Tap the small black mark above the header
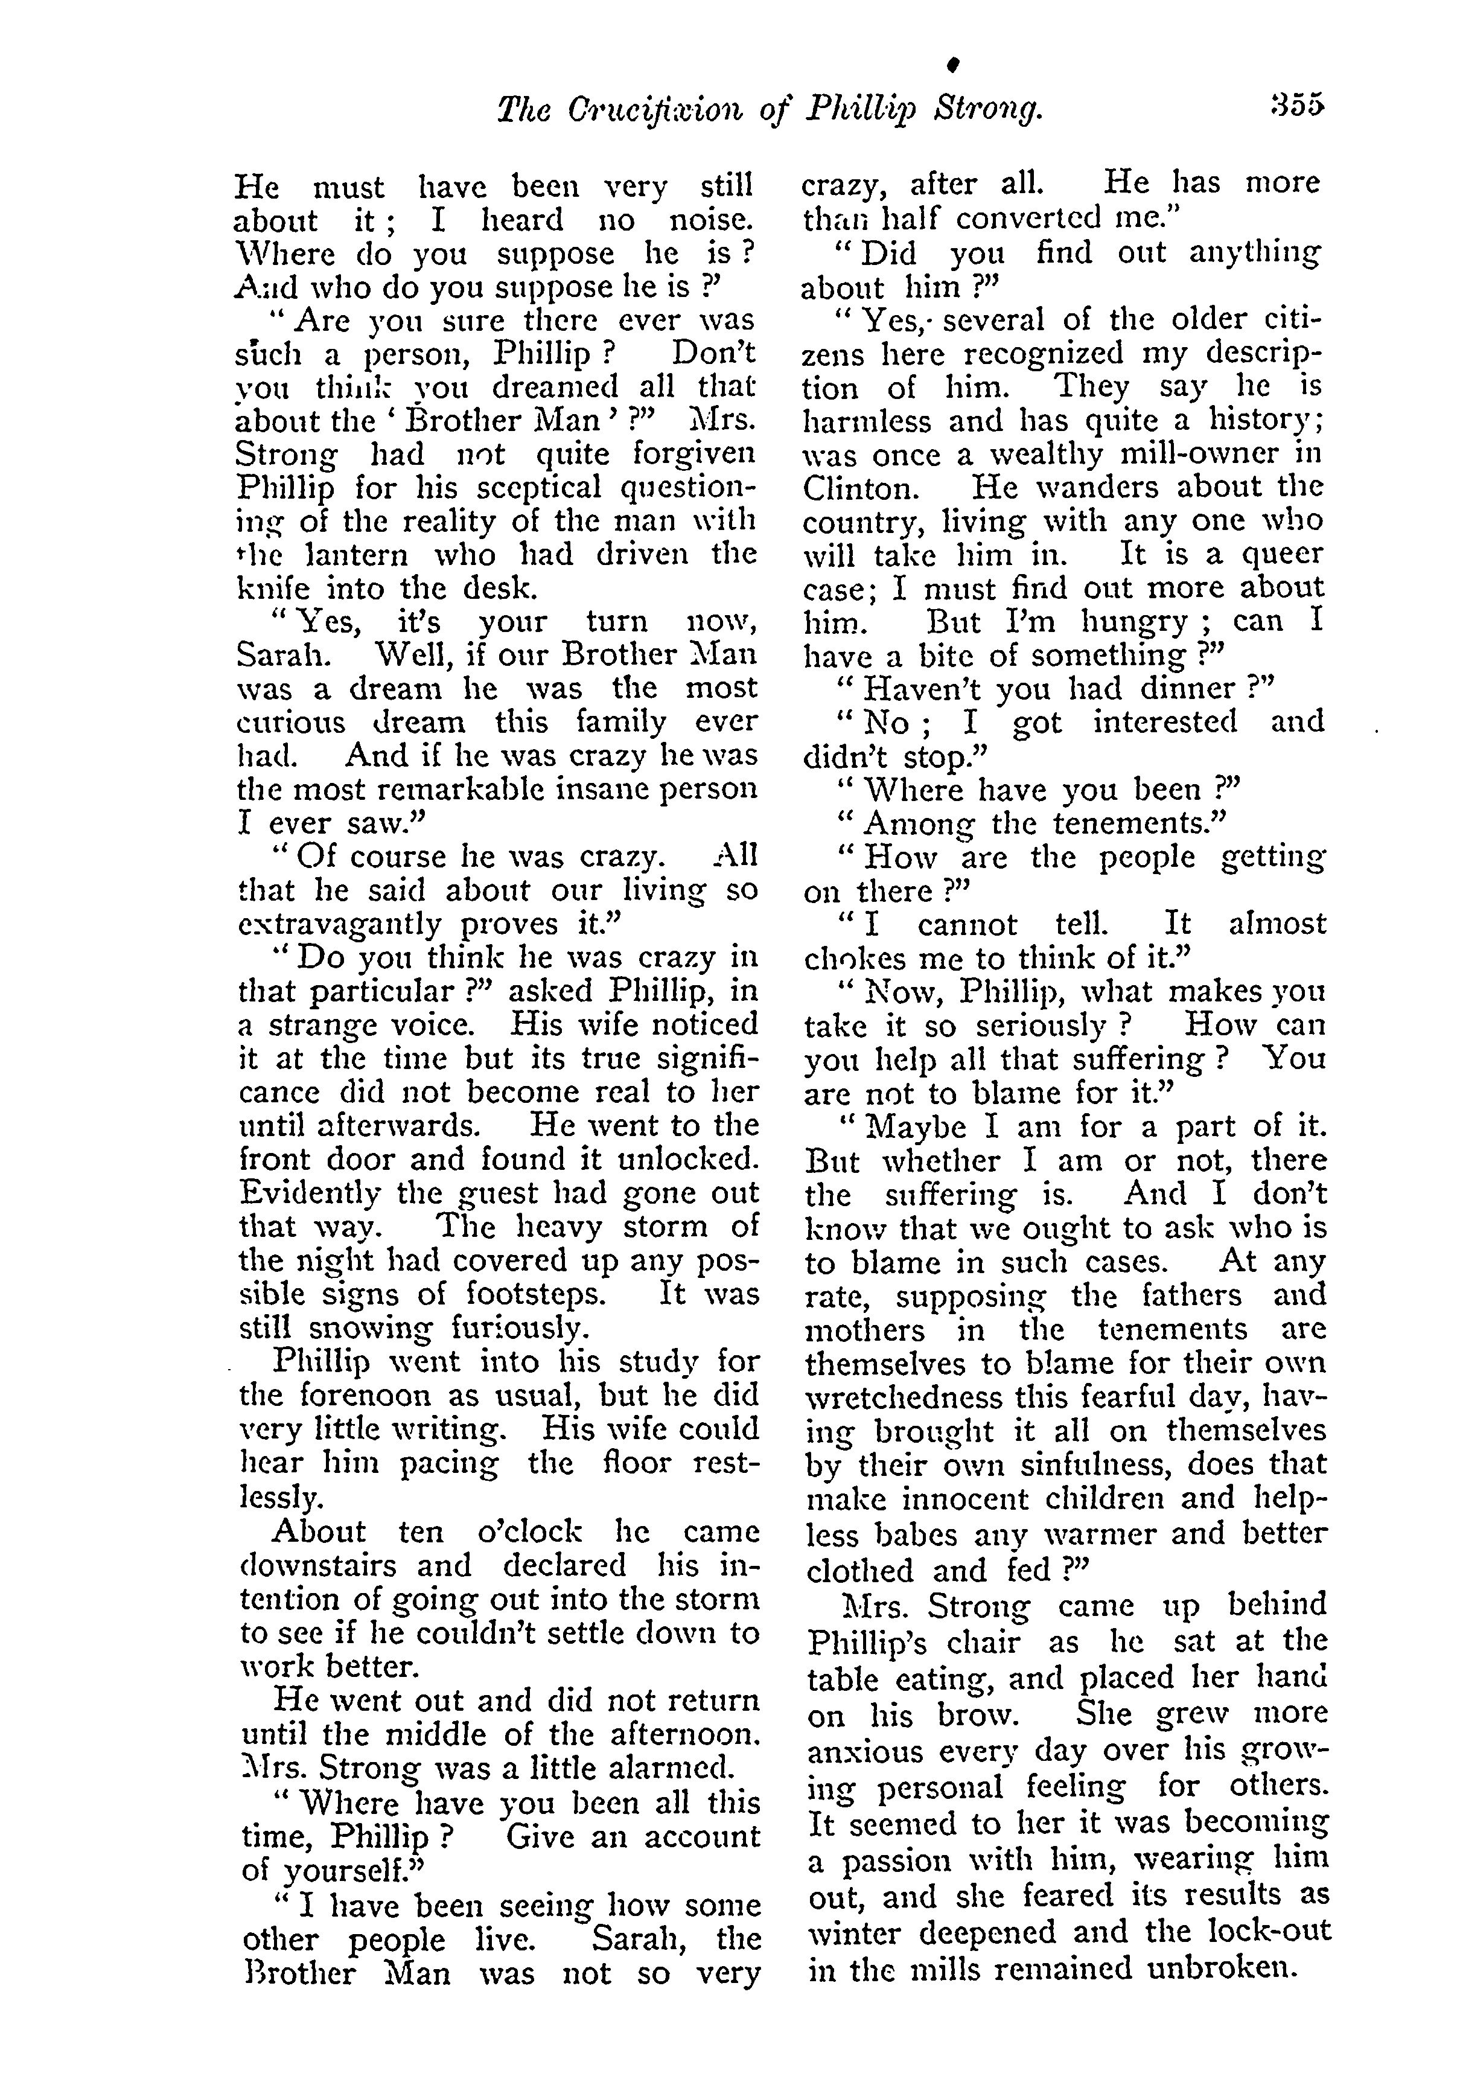tap(953, 65)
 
